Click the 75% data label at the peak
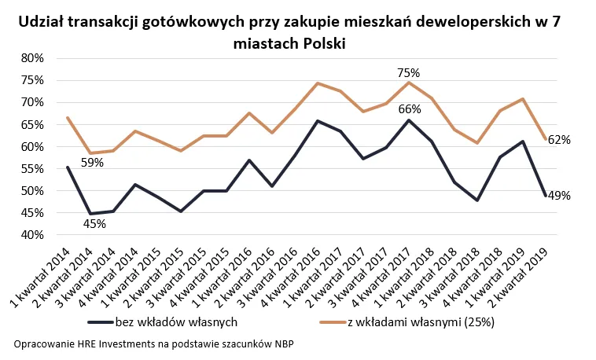[408, 72]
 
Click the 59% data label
[93, 163]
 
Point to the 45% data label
[94, 224]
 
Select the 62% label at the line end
[559, 140]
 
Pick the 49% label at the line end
[559, 196]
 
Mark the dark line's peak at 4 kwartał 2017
[409, 120]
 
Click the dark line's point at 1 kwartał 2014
[68, 167]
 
